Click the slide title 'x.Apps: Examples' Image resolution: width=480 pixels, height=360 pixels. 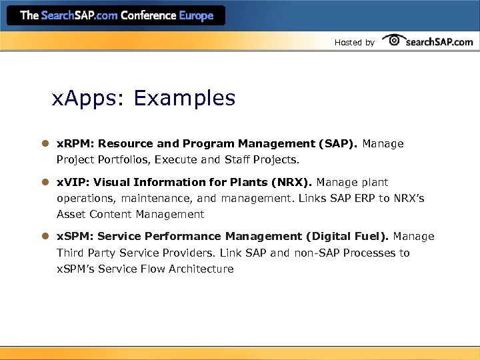(144, 99)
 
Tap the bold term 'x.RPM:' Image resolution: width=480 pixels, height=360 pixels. (75, 143)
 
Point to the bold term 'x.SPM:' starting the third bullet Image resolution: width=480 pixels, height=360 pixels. (75, 237)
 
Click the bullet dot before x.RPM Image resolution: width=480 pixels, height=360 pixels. (45, 144)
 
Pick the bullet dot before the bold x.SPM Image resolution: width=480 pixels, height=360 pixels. (45, 237)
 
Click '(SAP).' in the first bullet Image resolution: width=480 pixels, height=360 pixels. (339, 143)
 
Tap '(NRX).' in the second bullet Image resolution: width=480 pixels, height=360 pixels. (293, 182)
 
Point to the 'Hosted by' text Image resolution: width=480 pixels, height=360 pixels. (354, 43)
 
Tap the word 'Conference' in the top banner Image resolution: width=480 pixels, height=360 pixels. (144, 15)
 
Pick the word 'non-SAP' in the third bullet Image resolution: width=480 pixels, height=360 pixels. (319, 253)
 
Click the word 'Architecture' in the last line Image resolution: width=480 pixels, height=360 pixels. (201, 269)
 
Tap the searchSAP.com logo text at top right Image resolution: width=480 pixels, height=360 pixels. (439, 41)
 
